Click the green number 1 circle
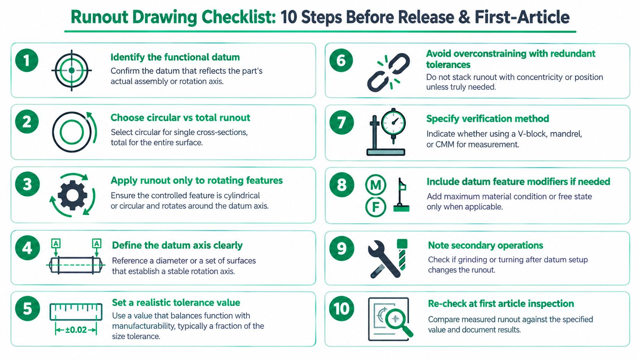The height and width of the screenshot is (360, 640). [27, 60]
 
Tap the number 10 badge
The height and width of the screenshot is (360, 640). [341, 308]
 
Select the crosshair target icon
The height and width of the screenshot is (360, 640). [72, 70]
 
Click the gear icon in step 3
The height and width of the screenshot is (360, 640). [73, 195]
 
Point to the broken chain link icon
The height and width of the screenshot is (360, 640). [388, 73]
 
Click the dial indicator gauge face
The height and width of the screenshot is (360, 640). [393, 122]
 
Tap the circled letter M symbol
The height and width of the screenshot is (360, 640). [376, 185]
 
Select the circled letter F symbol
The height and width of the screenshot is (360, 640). [376, 207]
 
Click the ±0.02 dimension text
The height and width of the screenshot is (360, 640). [76, 330]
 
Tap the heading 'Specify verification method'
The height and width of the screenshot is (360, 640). [487, 119]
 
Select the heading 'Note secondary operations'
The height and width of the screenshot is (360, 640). [485, 245]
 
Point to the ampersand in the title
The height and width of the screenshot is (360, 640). [464, 17]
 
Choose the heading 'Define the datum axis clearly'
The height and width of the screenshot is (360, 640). [177, 245]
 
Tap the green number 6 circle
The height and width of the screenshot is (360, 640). [341, 60]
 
